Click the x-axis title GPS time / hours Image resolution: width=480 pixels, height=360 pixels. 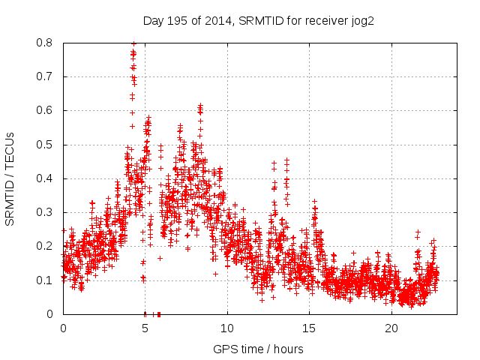click(258, 349)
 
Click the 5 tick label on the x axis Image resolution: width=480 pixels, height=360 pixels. click(145, 328)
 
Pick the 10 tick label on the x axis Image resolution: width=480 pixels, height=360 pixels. click(227, 328)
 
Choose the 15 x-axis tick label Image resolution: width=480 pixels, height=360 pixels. click(309, 328)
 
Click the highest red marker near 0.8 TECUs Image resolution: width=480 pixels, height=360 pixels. click(133, 43)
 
